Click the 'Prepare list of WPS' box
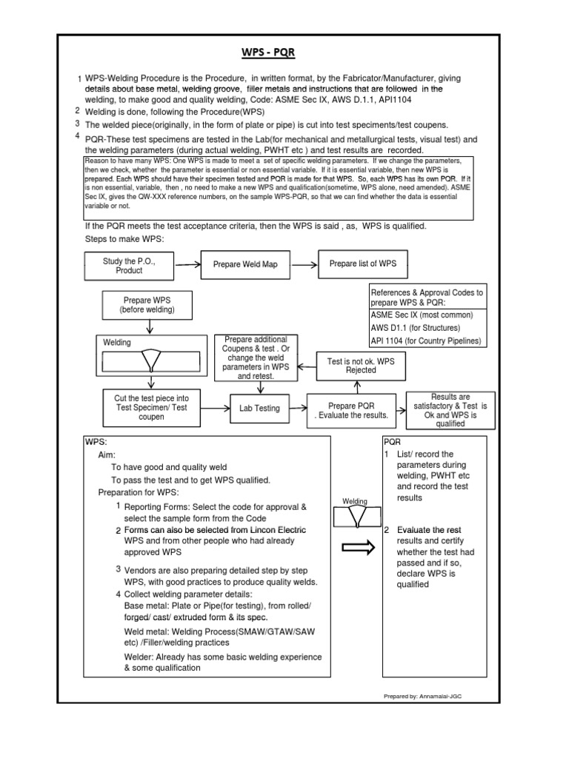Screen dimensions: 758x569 click(x=362, y=264)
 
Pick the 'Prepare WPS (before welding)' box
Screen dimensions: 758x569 click(x=147, y=304)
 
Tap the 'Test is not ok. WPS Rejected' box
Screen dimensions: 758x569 click(x=355, y=365)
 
